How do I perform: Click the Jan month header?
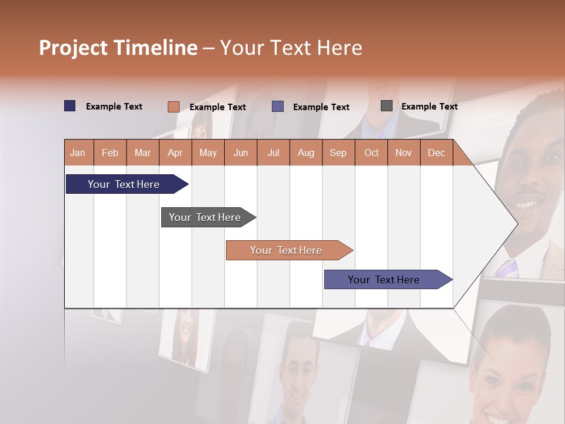point(78,153)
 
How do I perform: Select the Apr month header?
point(175,153)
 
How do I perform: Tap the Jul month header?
point(273,153)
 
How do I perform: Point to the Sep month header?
point(338,153)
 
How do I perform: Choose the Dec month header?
point(436,153)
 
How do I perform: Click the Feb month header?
point(110,153)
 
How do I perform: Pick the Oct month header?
point(371,153)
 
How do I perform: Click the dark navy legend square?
point(70,106)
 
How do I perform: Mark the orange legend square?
point(173,107)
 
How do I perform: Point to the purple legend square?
point(278,107)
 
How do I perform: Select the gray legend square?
point(387,106)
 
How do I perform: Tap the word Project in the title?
point(73,48)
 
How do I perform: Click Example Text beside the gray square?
point(429,107)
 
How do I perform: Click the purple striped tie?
point(507,268)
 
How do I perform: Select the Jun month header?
point(241,153)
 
